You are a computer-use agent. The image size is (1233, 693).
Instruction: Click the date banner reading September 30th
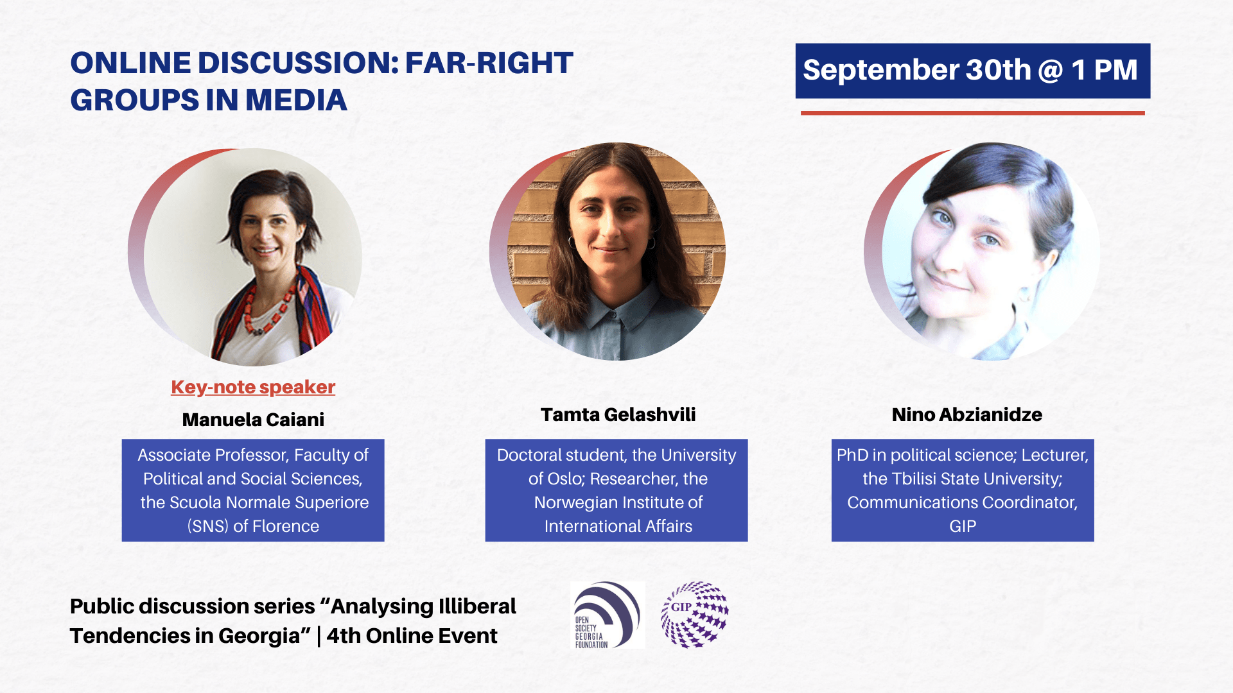tap(972, 71)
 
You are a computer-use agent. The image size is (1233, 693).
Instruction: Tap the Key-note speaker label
tap(253, 387)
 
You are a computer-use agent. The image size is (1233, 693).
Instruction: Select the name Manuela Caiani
tap(253, 420)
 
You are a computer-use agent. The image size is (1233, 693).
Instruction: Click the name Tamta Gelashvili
tap(618, 415)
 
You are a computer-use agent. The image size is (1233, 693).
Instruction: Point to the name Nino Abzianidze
tap(966, 415)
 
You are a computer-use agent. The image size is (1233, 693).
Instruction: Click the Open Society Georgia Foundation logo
tap(608, 615)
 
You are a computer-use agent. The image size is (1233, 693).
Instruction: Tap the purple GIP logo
tap(695, 614)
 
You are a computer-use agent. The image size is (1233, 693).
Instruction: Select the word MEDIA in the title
tap(296, 101)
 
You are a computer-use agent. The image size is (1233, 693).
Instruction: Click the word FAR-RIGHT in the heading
tap(489, 63)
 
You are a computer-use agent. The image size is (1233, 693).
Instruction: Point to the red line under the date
tap(972, 113)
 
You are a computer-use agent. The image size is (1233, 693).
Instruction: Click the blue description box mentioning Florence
tap(253, 490)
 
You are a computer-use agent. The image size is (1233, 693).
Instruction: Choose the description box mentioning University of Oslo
tap(616, 490)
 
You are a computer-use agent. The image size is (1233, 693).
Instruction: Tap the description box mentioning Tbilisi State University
tap(963, 490)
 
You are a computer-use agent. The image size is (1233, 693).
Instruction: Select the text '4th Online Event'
tap(412, 636)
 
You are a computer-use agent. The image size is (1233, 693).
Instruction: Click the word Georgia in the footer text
tap(259, 637)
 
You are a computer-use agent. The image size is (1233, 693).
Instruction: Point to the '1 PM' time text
tap(1105, 70)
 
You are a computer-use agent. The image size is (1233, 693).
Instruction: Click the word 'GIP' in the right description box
tap(963, 526)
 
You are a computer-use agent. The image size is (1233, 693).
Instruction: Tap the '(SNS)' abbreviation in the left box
tap(208, 526)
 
